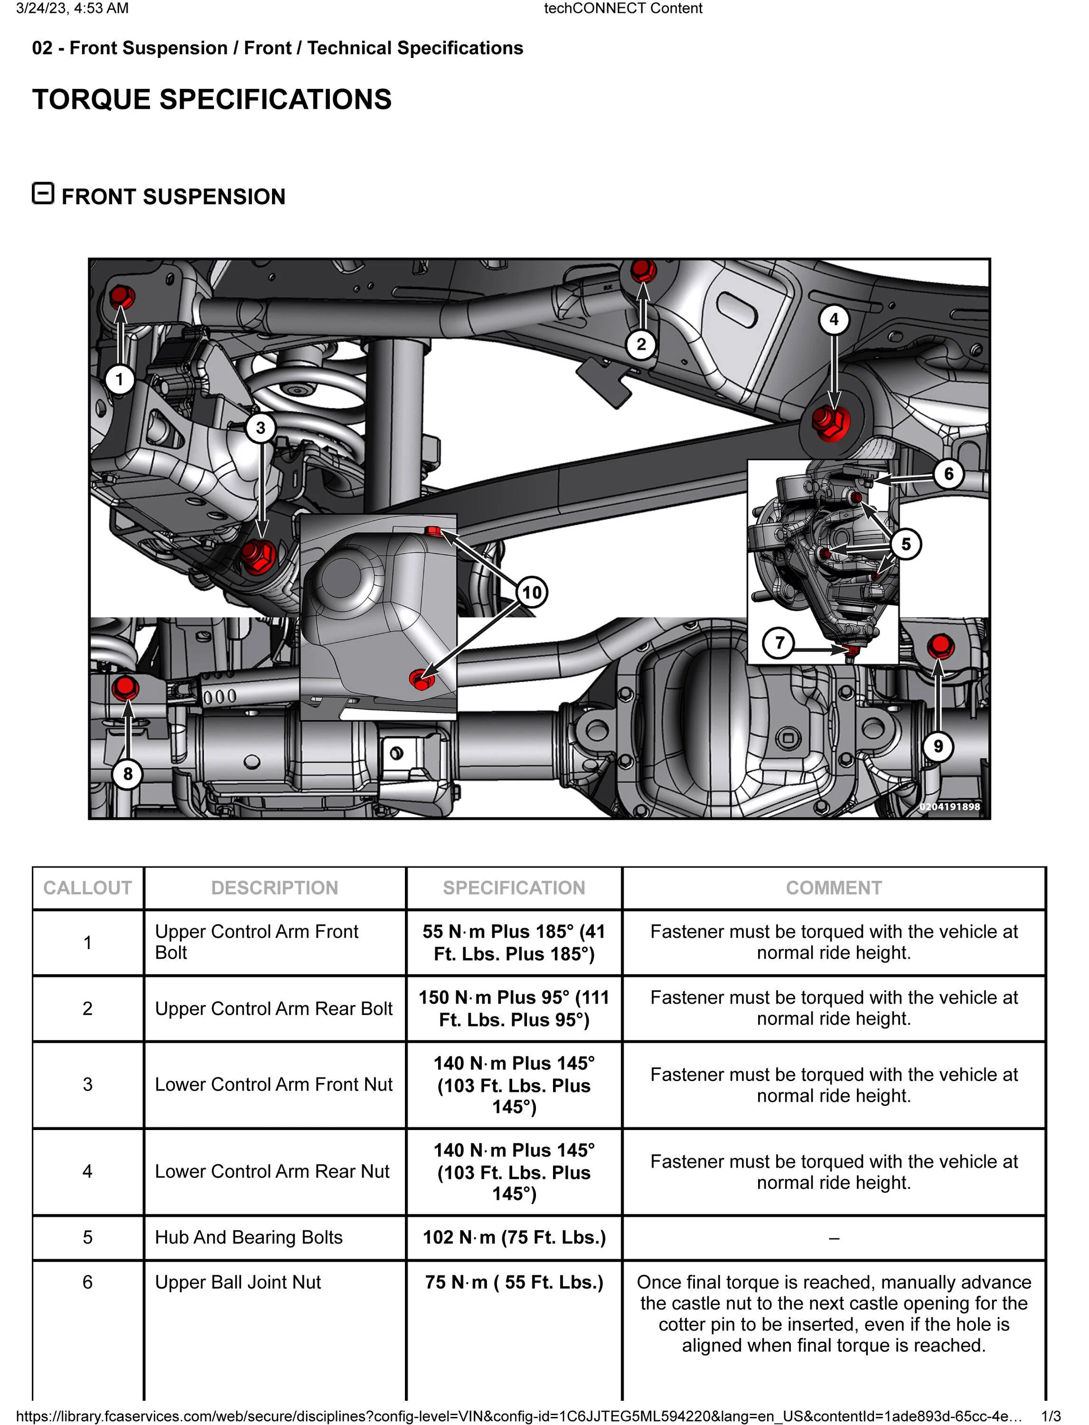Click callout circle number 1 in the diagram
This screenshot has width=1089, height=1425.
119,380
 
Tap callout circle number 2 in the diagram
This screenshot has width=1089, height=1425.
641,344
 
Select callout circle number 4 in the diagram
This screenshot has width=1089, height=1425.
834,319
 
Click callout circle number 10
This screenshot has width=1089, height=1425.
532,592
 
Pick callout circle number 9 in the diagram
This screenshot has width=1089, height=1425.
938,747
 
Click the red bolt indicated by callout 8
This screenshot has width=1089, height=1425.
125,687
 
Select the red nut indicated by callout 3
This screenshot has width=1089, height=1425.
259,555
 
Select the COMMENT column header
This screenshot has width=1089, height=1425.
834,888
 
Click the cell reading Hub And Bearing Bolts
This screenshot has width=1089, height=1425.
248,1237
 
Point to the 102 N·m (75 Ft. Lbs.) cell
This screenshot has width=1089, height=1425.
514,1237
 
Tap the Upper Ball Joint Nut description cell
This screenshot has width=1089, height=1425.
238,1282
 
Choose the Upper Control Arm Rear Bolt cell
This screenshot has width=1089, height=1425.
273,1008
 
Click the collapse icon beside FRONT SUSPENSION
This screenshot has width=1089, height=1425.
43,193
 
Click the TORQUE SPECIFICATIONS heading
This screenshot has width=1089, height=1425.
212,99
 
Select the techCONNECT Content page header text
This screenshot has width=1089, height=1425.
623,9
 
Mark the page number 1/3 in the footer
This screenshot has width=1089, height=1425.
1051,1416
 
